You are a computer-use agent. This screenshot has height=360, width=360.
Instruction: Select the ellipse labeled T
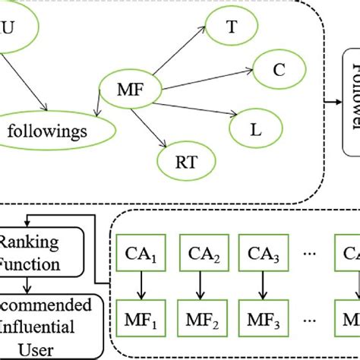(230, 28)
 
